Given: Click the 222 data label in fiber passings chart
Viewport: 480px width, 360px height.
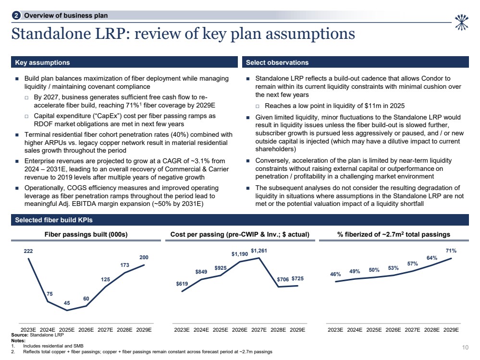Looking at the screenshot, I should coord(28,251).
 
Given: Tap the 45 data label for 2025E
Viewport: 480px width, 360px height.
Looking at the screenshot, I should coord(67,302).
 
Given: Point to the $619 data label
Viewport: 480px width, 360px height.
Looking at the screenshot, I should coord(182,284).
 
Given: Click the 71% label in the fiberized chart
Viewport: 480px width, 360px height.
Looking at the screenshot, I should coord(451,251).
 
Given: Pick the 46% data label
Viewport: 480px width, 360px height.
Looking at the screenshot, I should coord(335,274).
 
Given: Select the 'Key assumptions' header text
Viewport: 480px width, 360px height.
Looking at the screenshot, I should coord(42,62).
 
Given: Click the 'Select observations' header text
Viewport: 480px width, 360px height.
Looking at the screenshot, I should coord(277,62).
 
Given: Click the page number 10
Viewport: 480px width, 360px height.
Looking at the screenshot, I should coord(465,348).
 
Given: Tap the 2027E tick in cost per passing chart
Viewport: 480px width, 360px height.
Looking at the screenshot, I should coord(259,330).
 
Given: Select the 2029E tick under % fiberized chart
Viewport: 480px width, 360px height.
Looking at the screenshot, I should coord(451,330).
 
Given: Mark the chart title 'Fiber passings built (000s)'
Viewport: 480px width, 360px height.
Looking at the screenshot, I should coord(86,234).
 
